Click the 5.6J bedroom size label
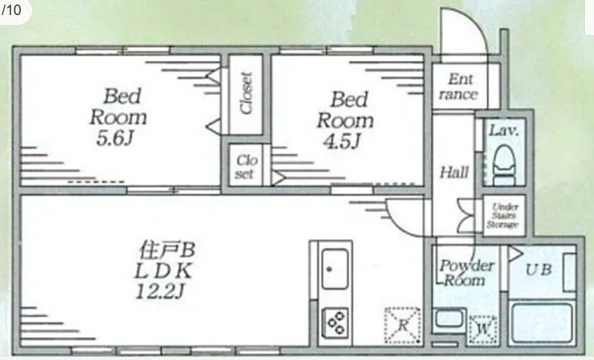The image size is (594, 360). pyautogui.click(x=115, y=139)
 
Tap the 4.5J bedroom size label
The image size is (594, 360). pyautogui.click(x=341, y=141)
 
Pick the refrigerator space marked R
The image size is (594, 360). pyautogui.click(x=403, y=325)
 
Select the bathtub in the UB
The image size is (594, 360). pyautogui.click(x=542, y=323)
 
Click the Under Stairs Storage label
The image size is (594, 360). pyautogui.click(x=503, y=215)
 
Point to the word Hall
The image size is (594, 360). pyautogui.click(x=454, y=173)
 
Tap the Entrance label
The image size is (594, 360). pyautogui.click(x=459, y=86)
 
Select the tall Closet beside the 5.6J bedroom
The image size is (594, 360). pyautogui.click(x=246, y=94)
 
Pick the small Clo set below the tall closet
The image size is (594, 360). pyautogui.click(x=246, y=166)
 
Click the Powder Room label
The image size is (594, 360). pyautogui.click(x=466, y=273)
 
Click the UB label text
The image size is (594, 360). pyautogui.click(x=538, y=270)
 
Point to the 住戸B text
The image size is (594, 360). pyautogui.click(x=167, y=250)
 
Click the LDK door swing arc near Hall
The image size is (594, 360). pyautogui.click(x=398, y=224)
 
